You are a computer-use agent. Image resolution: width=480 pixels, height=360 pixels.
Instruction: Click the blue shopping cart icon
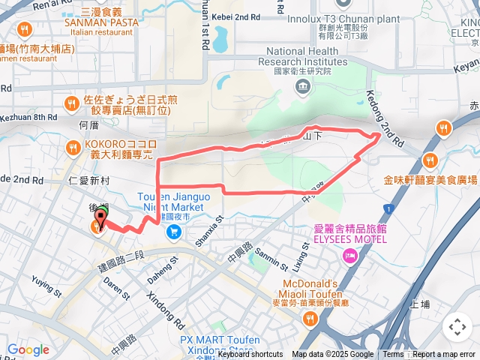tap(174, 232)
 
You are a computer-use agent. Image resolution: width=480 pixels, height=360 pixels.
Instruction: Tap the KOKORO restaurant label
tap(120, 148)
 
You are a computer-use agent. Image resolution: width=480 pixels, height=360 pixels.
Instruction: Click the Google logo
tap(28, 349)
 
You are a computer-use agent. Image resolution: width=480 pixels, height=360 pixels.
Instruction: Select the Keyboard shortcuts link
tap(250, 355)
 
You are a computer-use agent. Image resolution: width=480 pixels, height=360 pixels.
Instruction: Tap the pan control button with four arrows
tap(457, 327)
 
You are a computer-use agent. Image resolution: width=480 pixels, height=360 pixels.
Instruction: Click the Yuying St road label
tap(46, 286)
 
